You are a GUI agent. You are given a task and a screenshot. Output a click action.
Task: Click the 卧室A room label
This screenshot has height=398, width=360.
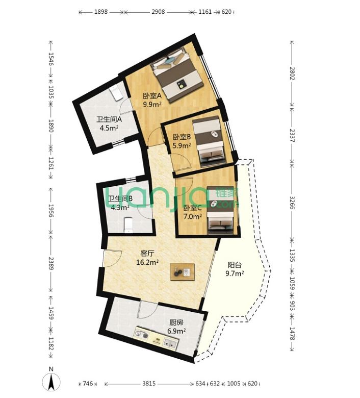[x=152, y=96]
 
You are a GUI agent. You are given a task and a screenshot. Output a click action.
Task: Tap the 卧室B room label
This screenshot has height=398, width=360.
[x=182, y=137]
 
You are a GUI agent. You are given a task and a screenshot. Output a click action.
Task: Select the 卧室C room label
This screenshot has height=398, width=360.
[x=193, y=208]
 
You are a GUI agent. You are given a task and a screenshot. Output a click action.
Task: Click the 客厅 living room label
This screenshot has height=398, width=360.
[x=147, y=253]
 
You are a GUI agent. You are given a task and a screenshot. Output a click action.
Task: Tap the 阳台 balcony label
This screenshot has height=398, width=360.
[x=235, y=265]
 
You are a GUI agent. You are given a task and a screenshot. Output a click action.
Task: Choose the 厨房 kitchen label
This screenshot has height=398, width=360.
[x=176, y=322]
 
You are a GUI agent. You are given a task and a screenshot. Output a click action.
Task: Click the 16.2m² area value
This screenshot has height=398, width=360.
[x=147, y=262]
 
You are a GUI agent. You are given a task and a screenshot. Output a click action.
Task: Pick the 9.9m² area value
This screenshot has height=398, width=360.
[x=152, y=104]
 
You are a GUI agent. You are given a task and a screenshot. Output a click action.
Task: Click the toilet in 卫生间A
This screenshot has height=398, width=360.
[x=116, y=93]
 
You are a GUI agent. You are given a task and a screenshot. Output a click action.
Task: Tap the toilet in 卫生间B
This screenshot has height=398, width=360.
[x=128, y=225]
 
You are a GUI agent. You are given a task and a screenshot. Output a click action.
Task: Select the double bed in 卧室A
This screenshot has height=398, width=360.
[x=177, y=74]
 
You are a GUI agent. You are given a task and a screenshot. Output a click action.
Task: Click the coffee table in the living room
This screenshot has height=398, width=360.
[x=183, y=272]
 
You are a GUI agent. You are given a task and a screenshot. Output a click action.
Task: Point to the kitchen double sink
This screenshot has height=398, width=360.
[x=170, y=344]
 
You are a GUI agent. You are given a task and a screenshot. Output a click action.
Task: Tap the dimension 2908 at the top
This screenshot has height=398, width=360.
[x=158, y=12]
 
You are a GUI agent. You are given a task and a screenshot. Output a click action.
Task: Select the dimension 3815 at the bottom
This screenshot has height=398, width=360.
[x=149, y=384]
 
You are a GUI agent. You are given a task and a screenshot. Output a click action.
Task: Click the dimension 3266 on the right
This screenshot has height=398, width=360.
[x=292, y=202]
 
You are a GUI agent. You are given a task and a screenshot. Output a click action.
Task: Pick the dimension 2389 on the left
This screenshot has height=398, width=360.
[x=51, y=263]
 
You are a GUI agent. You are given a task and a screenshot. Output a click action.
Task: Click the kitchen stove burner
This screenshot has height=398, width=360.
[x=145, y=336]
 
